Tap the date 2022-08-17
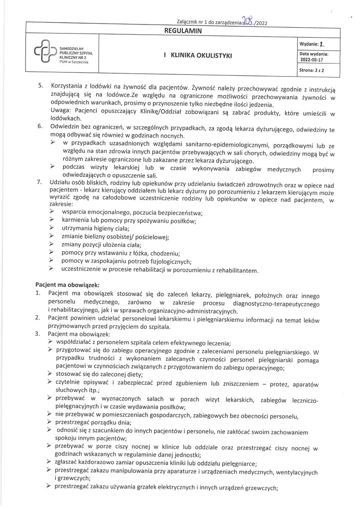point(311,59)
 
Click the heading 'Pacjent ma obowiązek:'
point(67,284)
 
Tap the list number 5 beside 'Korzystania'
point(40,86)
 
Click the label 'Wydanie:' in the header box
point(308,44)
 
